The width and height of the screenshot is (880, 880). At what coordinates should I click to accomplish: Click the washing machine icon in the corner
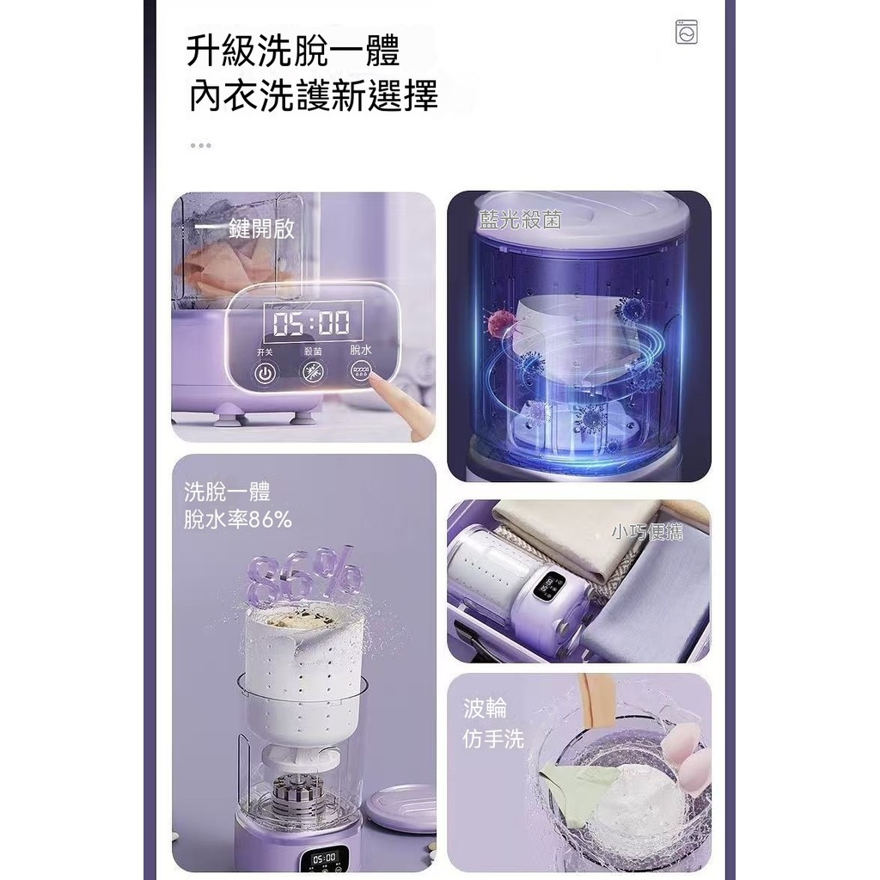tap(687, 32)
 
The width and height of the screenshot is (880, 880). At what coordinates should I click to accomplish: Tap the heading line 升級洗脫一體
tap(293, 51)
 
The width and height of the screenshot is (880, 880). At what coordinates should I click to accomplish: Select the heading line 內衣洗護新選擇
tap(313, 95)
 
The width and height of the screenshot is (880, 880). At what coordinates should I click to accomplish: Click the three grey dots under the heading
tap(200, 145)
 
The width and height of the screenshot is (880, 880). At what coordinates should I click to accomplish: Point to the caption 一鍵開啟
tap(245, 229)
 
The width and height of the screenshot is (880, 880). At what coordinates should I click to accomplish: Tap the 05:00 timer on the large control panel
tap(311, 323)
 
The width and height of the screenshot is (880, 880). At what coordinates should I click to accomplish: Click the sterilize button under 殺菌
tap(313, 371)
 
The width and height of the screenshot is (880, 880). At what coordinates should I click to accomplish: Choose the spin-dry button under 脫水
tap(361, 371)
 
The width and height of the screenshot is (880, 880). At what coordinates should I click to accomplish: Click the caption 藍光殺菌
tap(520, 219)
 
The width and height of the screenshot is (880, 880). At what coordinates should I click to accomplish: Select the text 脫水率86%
tap(238, 520)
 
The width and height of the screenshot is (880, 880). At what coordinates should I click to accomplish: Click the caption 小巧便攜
tap(647, 531)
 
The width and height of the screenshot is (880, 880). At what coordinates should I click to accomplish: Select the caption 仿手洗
tap(493, 738)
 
